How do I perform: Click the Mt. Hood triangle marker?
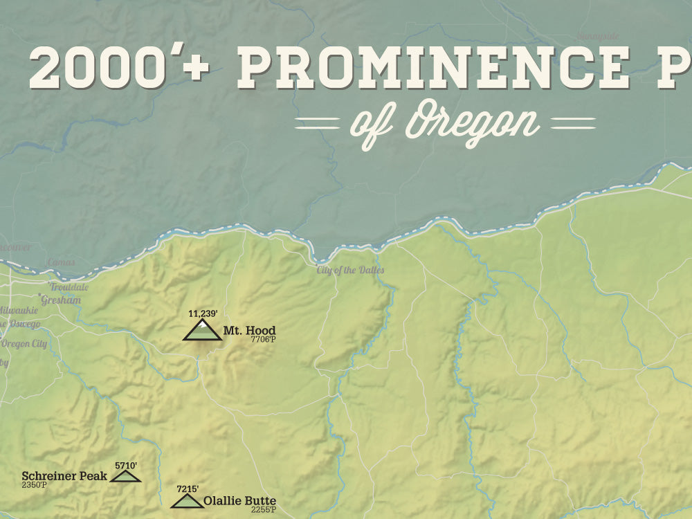[202, 331]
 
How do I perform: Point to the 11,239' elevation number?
[203, 313]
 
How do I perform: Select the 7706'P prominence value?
[263, 339]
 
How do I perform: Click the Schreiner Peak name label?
[64, 475]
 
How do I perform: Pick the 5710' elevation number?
[126, 466]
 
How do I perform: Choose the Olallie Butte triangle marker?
[186, 500]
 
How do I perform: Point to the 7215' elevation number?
[188, 489]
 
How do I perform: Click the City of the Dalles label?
[350, 270]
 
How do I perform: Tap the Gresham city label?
[61, 300]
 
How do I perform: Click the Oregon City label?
[24, 343]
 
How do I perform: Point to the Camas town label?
[61, 262]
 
